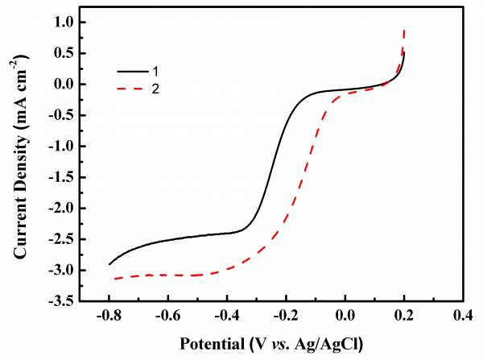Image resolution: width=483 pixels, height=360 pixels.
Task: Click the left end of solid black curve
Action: (x=109, y=264)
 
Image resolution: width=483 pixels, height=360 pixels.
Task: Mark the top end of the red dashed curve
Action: (x=404, y=30)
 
